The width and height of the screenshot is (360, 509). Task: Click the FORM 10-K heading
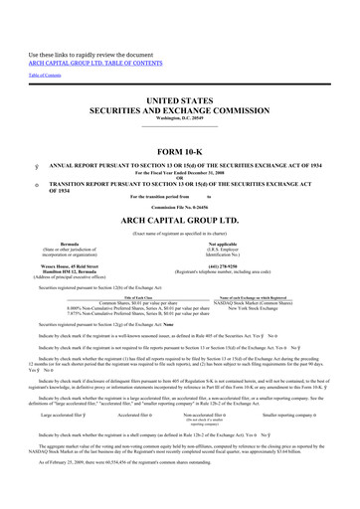(179, 150)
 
